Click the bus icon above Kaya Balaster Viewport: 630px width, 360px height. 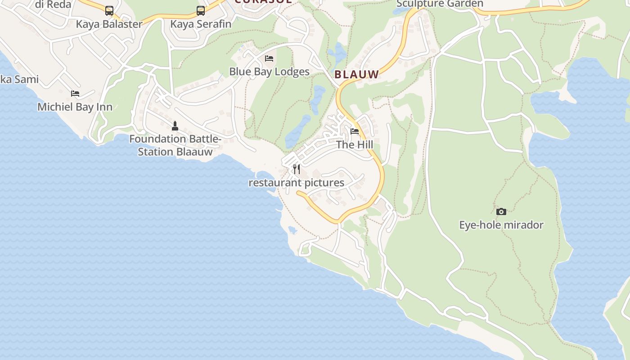pos(109,10)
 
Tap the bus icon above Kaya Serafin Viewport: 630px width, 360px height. pos(201,10)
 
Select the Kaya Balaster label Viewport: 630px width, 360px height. pos(109,24)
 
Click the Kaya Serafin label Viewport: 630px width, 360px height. pos(201,24)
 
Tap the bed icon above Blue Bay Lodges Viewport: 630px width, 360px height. pos(269,58)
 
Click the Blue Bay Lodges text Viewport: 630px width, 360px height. pos(269,72)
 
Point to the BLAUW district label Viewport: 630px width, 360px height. pos(357,75)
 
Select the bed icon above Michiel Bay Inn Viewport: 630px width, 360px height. pos(75,94)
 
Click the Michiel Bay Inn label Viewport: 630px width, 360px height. pos(75,107)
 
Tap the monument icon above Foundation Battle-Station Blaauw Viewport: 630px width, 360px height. pos(175,126)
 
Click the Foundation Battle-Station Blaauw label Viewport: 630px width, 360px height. pos(175,145)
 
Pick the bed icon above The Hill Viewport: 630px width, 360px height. pos(355,131)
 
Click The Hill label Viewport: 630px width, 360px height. pos(355,145)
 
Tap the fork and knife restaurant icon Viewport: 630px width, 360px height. pos(297,169)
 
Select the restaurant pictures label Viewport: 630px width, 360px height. pos(296,183)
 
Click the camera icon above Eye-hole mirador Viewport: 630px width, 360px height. pos(501,211)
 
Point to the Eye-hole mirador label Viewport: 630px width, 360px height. pos(501,225)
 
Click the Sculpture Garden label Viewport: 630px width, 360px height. pos(440,4)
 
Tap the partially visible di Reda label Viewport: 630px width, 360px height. pos(53,4)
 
